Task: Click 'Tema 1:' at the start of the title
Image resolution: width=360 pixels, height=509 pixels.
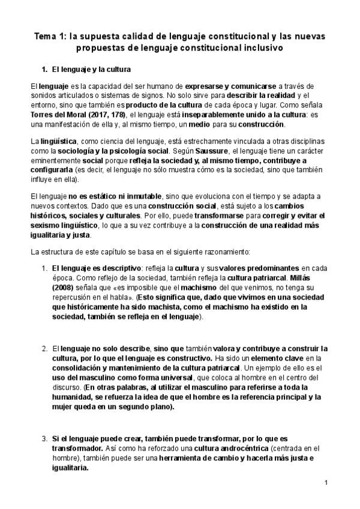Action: point(47,37)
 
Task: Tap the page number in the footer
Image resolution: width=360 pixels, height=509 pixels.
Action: point(325,483)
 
